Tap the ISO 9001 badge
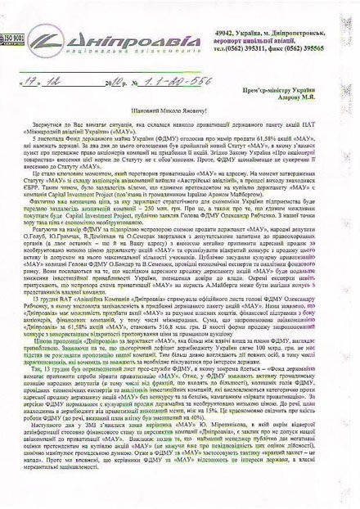click(11, 37)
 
